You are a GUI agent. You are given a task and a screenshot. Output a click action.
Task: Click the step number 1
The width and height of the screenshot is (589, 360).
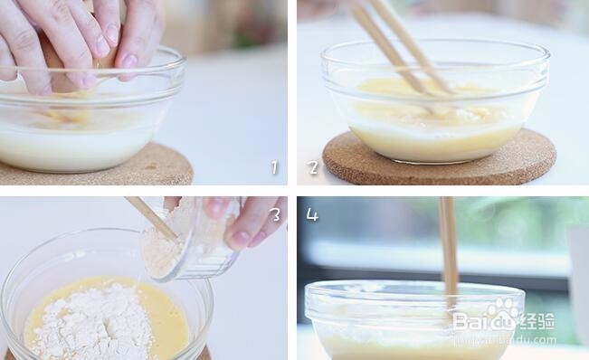[x=274, y=167]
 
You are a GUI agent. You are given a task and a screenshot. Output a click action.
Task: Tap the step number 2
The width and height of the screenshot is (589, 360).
[x=313, y=167]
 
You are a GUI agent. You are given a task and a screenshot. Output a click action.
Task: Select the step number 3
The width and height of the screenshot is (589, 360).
[x=275, y=214]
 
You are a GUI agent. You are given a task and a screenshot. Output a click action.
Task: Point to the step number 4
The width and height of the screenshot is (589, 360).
[x=312, y=215]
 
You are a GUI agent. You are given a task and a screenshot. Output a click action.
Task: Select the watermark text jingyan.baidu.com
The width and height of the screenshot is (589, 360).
[x=504, y=340]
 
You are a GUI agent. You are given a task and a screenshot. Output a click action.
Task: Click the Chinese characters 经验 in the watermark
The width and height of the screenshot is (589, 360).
[x=537, y=322]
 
